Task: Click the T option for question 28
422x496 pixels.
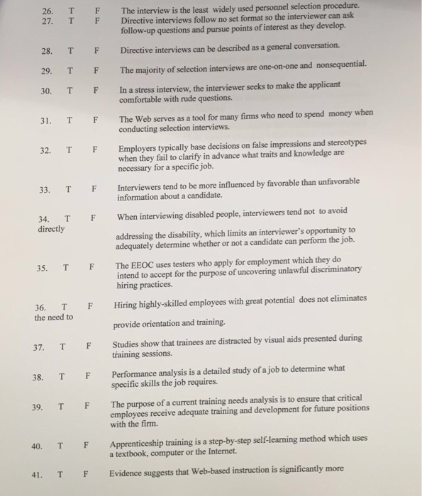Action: [x=70, y=52]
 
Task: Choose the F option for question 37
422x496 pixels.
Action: [x=88, y=346]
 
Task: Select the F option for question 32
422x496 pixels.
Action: [x=94, y=150]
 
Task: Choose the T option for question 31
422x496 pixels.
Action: [x=69, y=120]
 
